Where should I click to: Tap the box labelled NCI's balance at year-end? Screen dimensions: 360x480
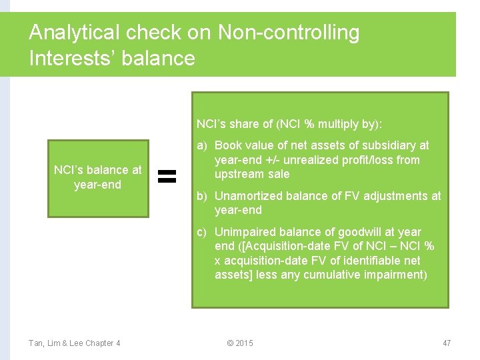(98, 178)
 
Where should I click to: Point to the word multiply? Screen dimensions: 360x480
(339, 124)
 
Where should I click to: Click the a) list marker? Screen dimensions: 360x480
(202, 145)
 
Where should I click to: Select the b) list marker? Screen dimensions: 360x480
(202, 196)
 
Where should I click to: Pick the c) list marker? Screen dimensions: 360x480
(202, 232)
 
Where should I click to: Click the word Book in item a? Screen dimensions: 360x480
(228, 145)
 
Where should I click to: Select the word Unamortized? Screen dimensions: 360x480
(249, 196)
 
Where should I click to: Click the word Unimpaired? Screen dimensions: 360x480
(244, 232)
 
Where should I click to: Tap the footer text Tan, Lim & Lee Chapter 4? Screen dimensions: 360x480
(75, 343)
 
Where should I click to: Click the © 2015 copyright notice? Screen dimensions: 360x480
(240, 343)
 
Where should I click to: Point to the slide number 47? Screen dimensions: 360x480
(447, 343)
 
